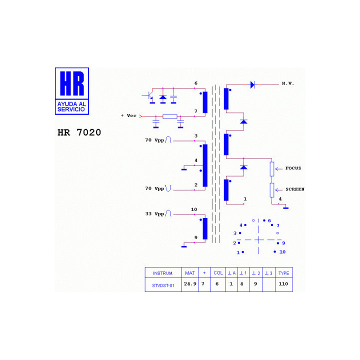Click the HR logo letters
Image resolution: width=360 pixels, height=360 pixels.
[72, 83]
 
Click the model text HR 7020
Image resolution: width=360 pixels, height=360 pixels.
[79, 132]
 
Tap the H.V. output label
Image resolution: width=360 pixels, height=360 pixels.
[288, 83]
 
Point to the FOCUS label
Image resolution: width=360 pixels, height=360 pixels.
[293, 168]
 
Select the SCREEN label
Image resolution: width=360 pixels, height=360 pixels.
[295, 189]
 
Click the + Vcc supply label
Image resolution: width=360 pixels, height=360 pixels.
[128, 115]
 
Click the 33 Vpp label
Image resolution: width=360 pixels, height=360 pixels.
[154, 214]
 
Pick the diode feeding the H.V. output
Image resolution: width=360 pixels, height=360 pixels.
[252, 84]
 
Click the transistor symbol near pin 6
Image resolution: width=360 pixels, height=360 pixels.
[150, 95]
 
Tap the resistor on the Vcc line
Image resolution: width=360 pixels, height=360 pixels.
[170, 116]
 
